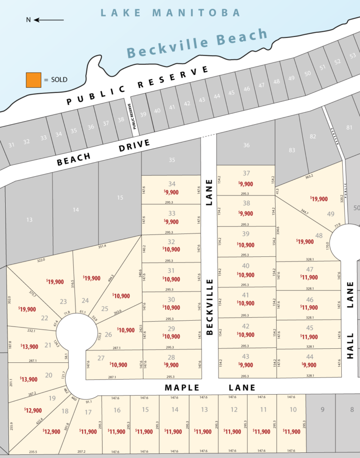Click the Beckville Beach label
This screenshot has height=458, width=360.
[197, 43]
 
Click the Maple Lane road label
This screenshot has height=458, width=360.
[210, 388]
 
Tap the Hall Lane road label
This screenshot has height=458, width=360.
[350, 320]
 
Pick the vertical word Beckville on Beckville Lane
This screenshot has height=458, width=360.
[210, 307]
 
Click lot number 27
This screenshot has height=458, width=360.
[101, 358]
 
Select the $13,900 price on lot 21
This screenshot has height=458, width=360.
[29, 346]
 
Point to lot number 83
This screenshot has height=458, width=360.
[292, 150]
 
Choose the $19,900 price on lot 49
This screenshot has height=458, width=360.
[319, 199]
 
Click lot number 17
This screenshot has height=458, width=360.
[88, 412]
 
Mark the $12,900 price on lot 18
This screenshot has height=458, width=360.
[52, 431]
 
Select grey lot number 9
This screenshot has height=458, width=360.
[322, 410]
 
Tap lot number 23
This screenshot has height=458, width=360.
[63, 302]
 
